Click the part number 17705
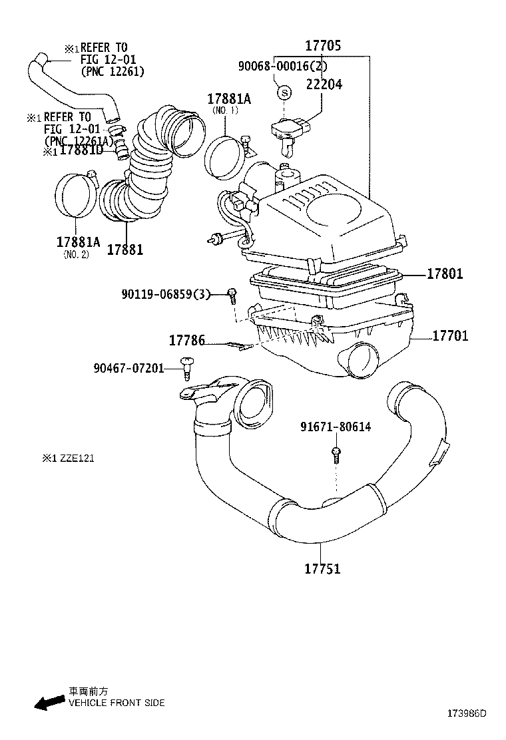point(323,46)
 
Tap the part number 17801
point(445,274)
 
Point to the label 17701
point(450,336)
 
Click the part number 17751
point(322,569)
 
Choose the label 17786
point(186,341)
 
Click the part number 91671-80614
point(335,427)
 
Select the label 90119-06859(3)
point(166,293)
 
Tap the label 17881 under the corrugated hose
point(125,249)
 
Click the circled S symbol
point(283,92)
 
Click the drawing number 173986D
point(467,713)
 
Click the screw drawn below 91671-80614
point(337,455)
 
